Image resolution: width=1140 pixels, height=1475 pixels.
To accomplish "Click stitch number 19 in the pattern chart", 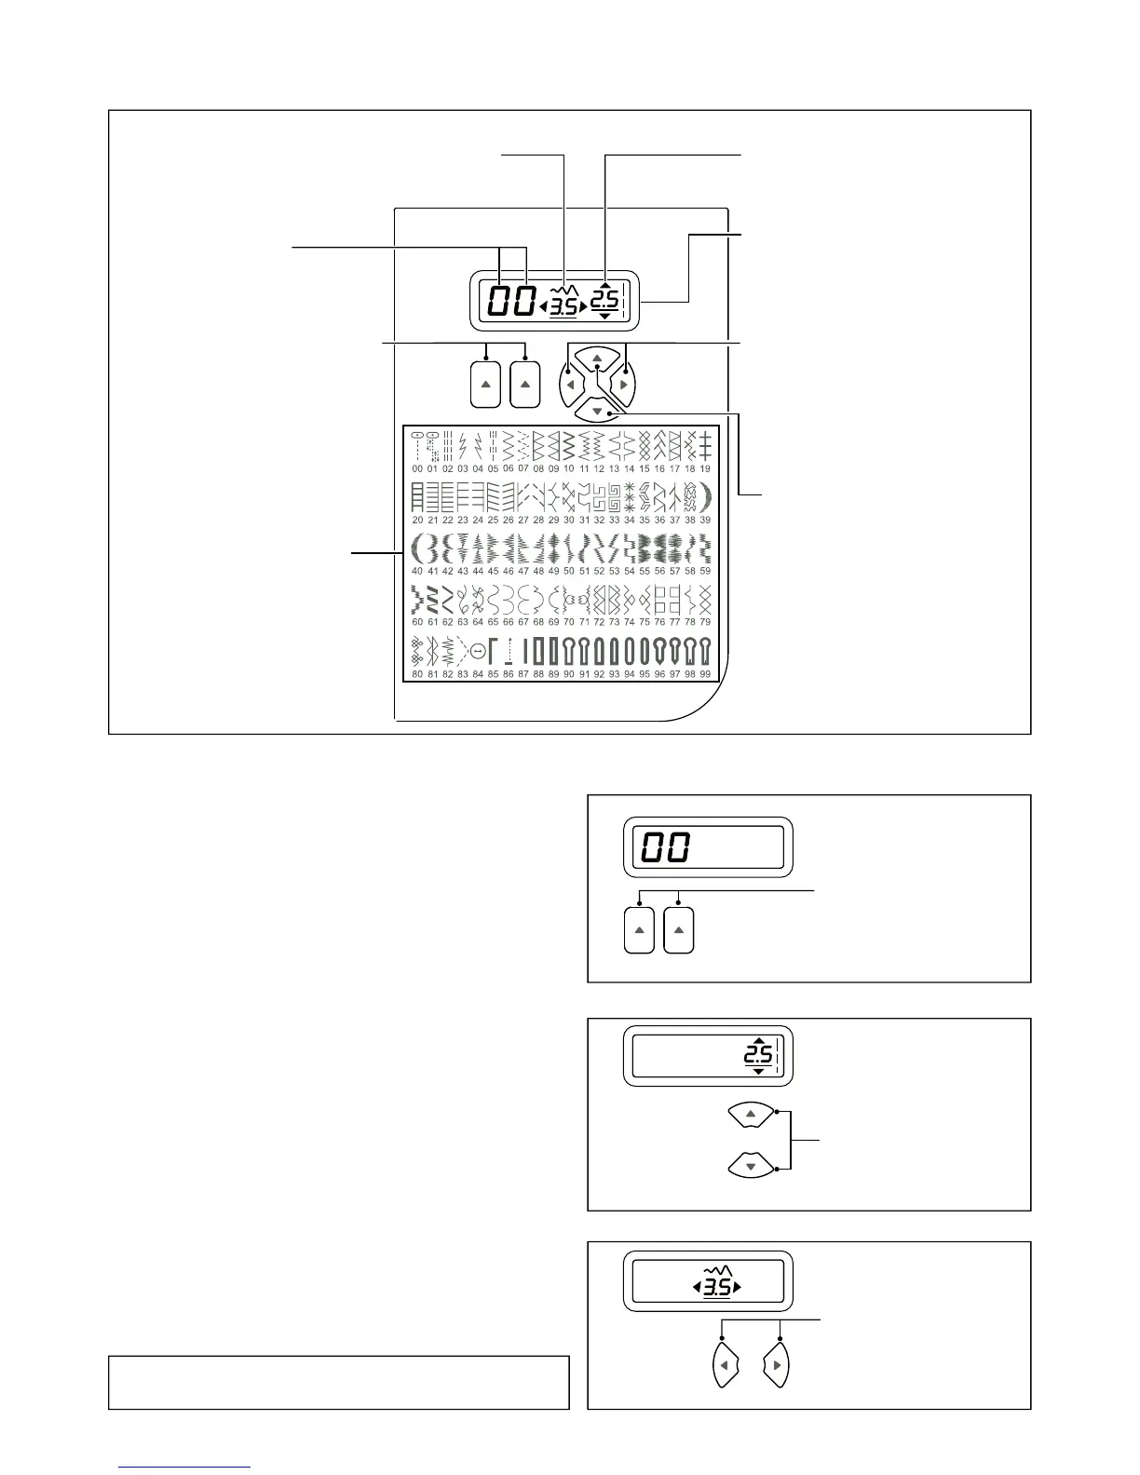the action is [x=705, y=468].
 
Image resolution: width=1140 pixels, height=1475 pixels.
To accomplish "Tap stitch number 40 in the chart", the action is [x=417, y=571].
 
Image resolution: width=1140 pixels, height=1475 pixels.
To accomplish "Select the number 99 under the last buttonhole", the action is [x=705, y=673].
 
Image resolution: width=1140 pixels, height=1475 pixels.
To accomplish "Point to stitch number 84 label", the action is [x=478, y=673].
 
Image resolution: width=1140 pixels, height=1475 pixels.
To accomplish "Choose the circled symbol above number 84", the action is [x=478, y=650].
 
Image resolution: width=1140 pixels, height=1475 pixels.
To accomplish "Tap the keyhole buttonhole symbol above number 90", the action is [x=569, y=649].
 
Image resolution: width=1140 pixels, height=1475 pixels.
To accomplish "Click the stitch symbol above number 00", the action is [x=417, y=446].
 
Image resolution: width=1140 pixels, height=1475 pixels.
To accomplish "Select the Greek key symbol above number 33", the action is [x=614, y=496].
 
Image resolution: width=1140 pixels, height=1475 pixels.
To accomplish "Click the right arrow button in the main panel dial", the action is [x=625, y=384].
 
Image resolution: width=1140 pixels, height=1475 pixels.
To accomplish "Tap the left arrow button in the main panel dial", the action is [x=569, y=384].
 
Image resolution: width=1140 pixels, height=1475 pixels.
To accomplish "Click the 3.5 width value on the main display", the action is [x=563, y=306].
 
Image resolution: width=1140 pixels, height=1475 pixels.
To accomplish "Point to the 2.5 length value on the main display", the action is [x=605, y=299].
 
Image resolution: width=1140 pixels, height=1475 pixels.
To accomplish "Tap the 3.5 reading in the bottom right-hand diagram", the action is [x=717, y=1288].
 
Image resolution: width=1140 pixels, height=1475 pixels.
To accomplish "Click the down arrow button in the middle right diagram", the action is [x=752, y=1165].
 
